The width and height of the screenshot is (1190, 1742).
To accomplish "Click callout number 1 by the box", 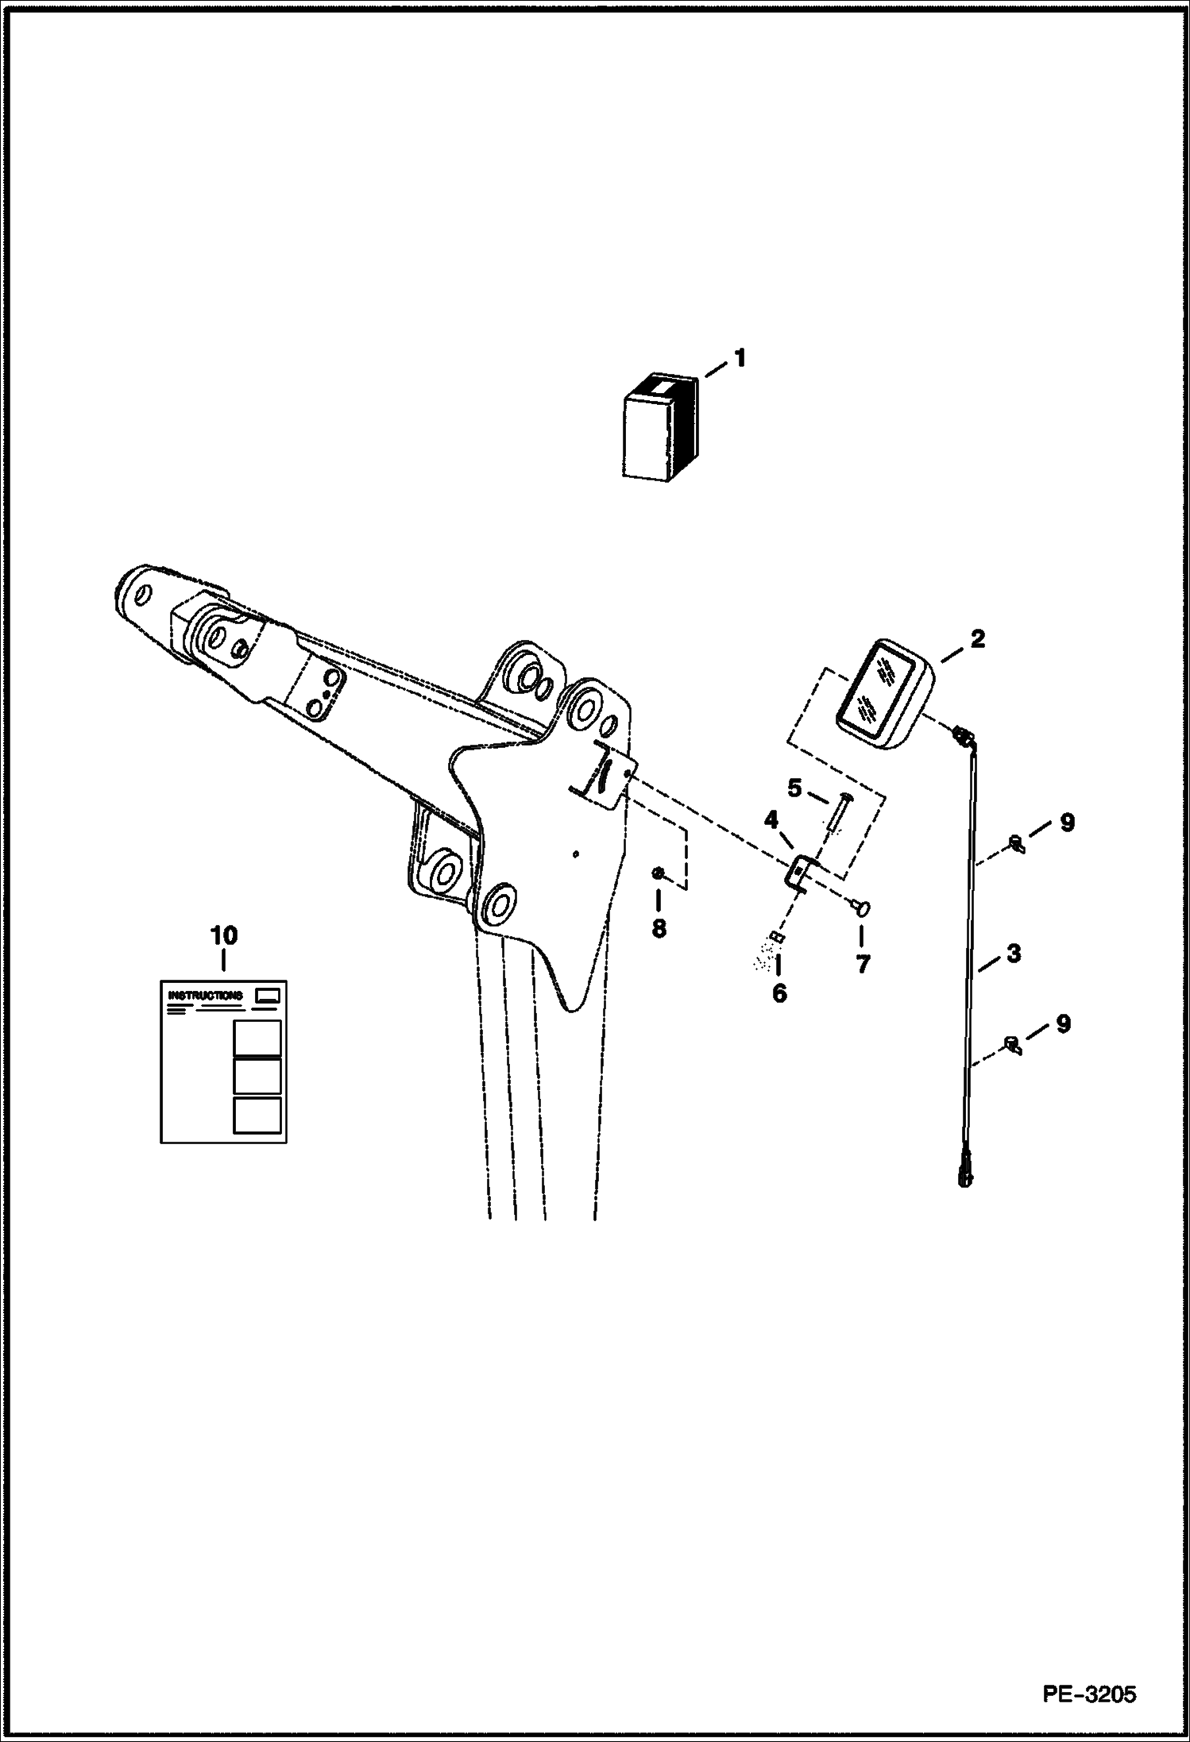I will coord(740,358).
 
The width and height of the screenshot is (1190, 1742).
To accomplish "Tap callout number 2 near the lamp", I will coord(976,638).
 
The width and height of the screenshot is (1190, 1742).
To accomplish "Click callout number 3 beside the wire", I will coord(1013,954).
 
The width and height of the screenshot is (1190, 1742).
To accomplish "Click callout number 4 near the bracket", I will coord(771,820).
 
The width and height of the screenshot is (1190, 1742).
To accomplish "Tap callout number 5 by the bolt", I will coord(794,788).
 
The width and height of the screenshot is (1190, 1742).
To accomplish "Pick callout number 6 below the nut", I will coord(779,992).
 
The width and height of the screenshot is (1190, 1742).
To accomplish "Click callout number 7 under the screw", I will coord(863,964).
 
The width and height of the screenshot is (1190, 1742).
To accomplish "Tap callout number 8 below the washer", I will coord(659,927).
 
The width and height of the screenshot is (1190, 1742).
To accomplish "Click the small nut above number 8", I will coord(659,873).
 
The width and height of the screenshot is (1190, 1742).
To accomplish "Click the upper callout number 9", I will coord(1067,823).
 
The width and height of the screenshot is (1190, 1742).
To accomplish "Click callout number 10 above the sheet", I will coord(223,935).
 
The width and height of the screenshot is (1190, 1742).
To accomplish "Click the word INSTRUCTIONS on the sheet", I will coord(206,995).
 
